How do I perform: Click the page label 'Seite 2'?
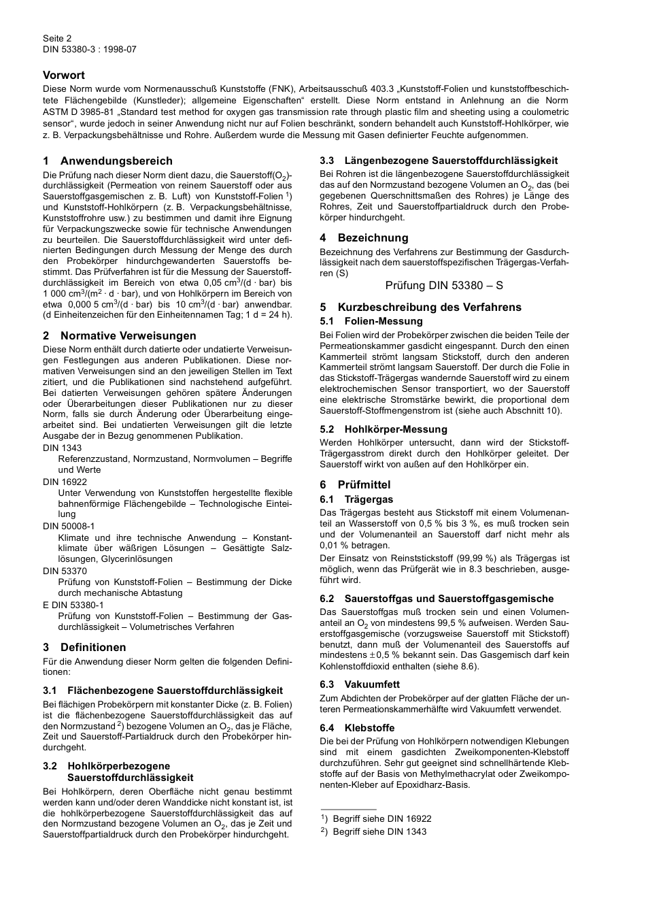click(57, 39)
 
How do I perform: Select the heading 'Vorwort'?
click(64, 75)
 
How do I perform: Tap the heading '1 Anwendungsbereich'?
click(107, 161)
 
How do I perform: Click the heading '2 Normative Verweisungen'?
click(119, 335)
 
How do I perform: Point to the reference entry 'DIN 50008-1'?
click(69, 526)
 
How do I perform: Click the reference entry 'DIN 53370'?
click(65, 571)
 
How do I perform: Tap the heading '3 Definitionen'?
click(84, 647)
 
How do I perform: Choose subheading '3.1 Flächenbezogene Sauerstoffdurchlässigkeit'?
click(163, 691)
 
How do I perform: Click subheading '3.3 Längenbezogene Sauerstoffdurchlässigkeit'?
click(439, 161)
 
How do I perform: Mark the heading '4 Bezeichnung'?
click(364, 237)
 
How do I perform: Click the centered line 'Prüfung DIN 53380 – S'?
click(444, 285)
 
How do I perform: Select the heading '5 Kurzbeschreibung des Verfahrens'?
click(420, 307)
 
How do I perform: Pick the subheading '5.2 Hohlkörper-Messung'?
click(384, 429)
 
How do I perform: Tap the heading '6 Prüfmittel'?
click(355, 484)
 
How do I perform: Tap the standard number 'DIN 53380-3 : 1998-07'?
click(90, 50)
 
